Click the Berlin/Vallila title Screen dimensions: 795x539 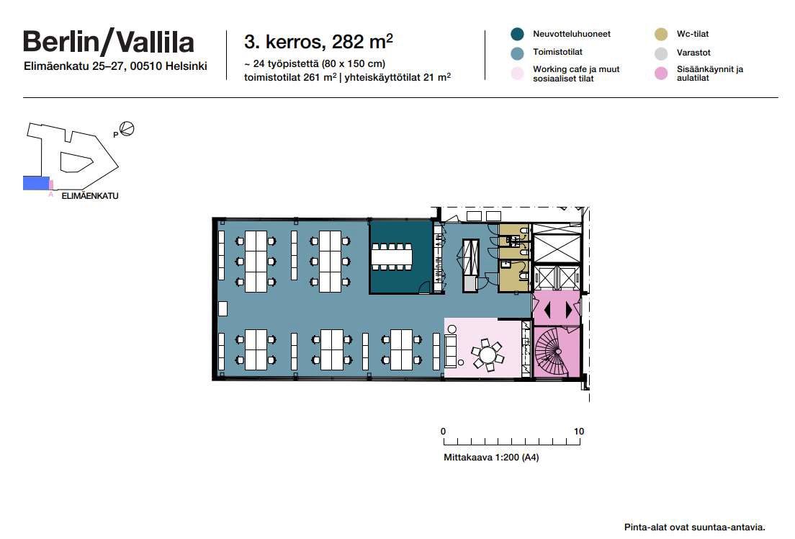click(109, 42)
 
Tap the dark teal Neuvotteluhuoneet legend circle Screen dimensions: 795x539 click(517, 34)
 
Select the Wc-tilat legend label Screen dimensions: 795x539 click(693, 34)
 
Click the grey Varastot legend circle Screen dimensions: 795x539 click(661, 53)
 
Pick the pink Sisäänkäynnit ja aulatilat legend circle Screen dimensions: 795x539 click(661, 73)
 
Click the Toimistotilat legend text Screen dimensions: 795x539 click(557, 52)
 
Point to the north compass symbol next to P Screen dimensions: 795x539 click(127, 129)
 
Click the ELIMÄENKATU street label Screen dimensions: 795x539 click(90, 196)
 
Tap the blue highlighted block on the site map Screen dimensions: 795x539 click(36, 183)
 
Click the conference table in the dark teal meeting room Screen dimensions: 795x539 click(392, 257)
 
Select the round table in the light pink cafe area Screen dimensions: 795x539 click(488, 353)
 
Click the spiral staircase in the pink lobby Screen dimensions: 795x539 click(554, 349)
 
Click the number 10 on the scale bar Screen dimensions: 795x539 click(579, 432)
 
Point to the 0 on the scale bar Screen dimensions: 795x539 click(443, 432)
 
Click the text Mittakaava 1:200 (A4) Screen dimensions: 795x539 click(491, 458)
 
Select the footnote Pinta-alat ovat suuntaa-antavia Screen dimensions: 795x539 click(695, 527)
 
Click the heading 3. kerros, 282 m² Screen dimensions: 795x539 click(318, 42)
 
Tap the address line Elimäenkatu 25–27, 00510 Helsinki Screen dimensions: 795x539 click(115, 66)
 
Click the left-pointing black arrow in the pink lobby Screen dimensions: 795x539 click(547, 310)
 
